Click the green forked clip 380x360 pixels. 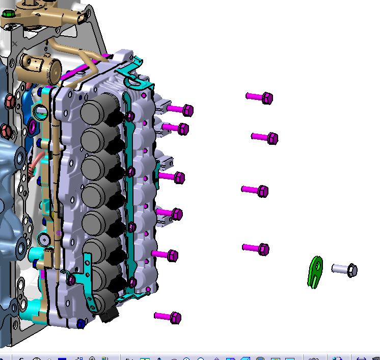coord(315,271)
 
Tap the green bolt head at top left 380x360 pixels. coord(8,15)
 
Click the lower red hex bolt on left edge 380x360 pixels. coord(5,131)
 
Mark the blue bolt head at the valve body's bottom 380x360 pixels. coord(80,323)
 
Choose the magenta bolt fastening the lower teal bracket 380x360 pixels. coord(71,279)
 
